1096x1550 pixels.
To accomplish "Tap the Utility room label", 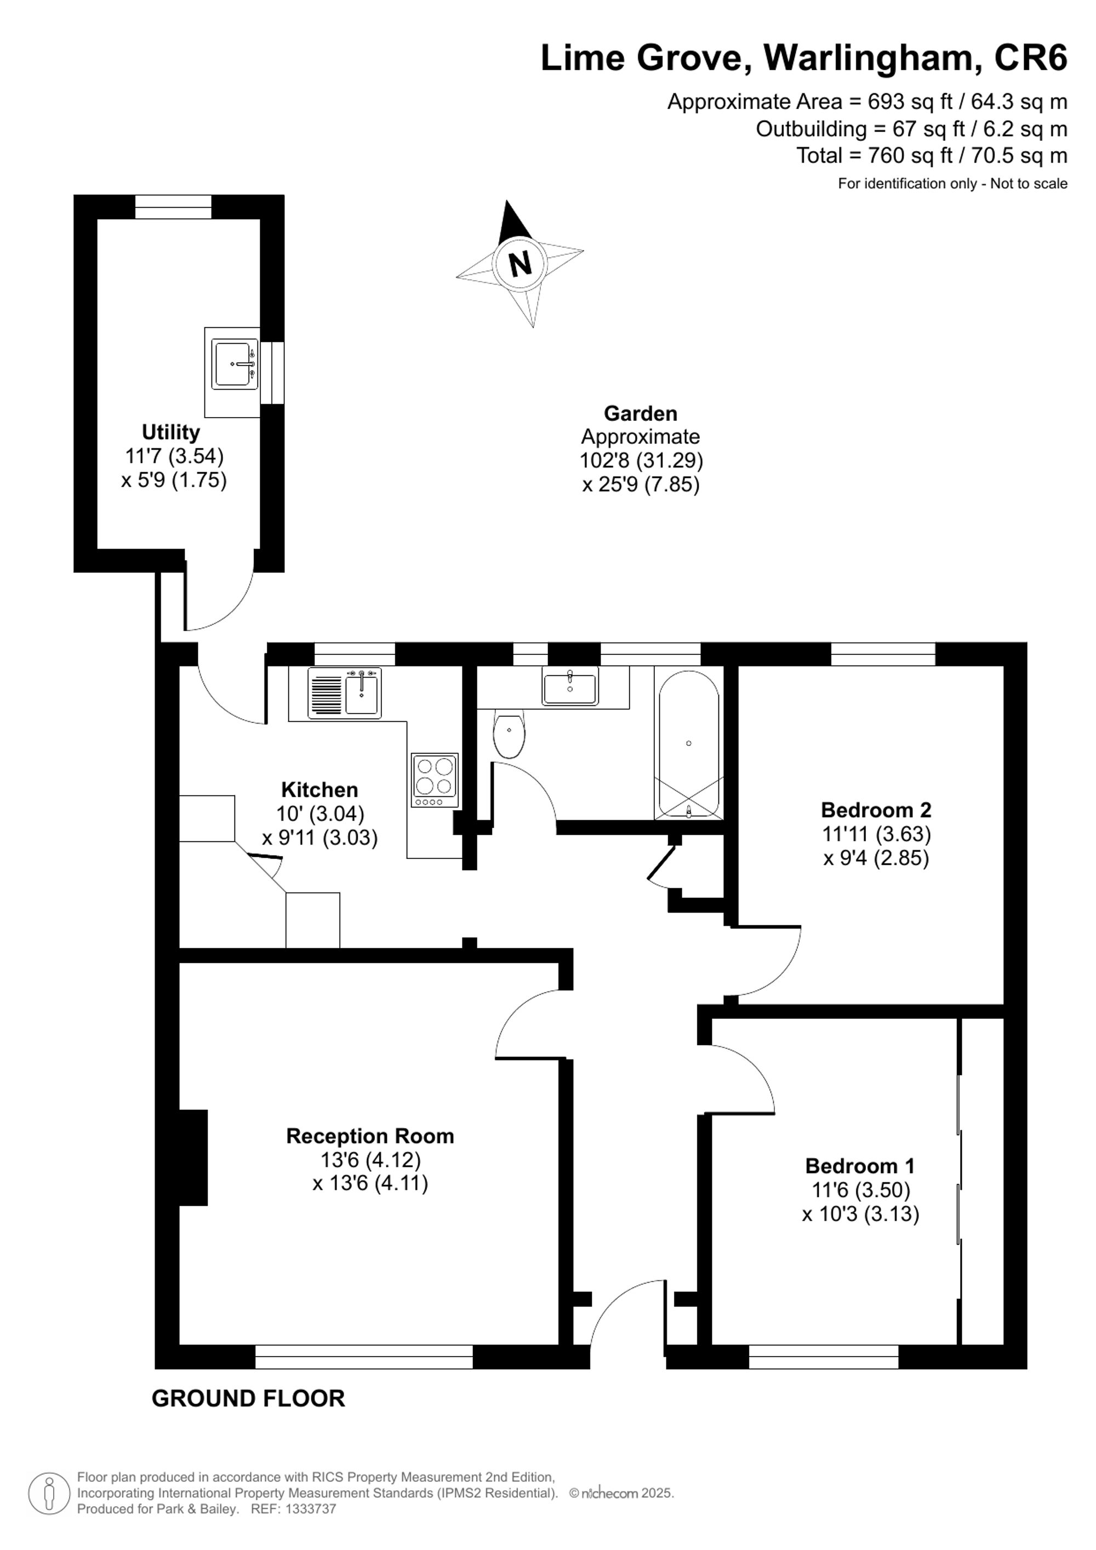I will click(171, 432).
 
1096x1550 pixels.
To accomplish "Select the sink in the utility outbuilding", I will click(234, 364).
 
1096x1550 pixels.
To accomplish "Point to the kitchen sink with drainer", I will click(345, 693).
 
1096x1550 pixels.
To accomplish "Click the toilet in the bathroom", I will click(509, 733).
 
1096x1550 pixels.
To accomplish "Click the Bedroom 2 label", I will click(876, 810).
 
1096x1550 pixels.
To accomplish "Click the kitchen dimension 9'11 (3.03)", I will click(320, 838).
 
